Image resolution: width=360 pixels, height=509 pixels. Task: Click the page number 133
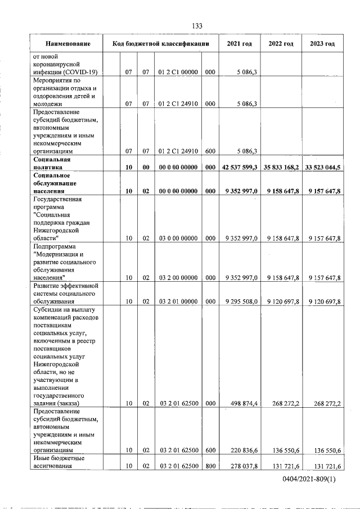point(197,26)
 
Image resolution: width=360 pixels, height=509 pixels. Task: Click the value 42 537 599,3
point(240,168)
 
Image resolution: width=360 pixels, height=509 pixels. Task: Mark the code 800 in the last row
point(210,466)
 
